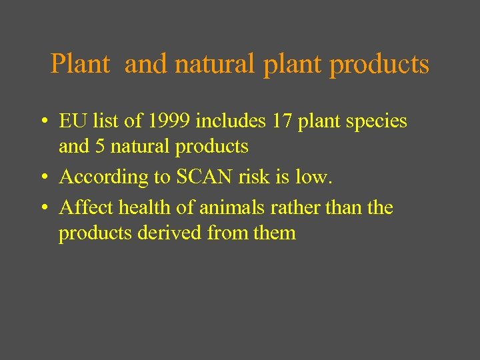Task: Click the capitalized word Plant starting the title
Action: (80, 65)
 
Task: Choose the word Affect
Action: (86, 208)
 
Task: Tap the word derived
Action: (170, 233)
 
